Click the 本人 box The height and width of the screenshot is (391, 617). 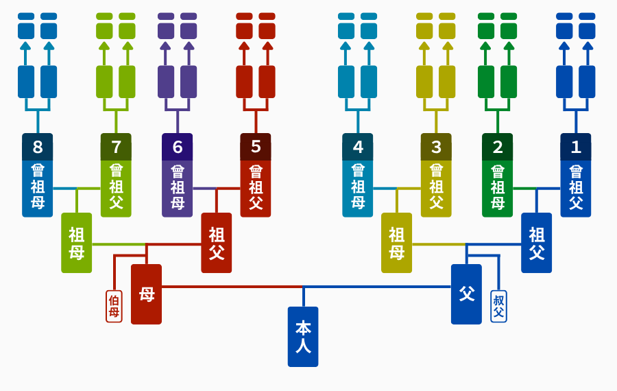pyautogui.click(x=303, y=337)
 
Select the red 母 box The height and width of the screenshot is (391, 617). pyautogui.click(x=147, y=294)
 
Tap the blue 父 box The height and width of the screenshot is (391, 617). pyautogui.click(x=466, y=294)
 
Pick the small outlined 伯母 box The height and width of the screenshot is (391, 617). pyautogui.click(x=114, y=307)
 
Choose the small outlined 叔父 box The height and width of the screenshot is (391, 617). pyautogui.click(x=498, y=307)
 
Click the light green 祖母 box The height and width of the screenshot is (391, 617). pyautogui.click(x=77, y=243)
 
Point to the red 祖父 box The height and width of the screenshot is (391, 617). pyautogui.click(x=217, y=243)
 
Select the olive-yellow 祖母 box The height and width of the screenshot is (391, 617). pyautogui.click(x=397, y=243)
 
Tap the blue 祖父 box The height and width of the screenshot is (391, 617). pyautogui.click(x=536, y=243)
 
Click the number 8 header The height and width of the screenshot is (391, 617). pyautogui.click(x=38, y=147)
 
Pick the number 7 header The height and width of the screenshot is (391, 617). pyautogui.click(x=116, y=147)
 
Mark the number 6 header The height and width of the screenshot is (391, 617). pyautogui.click(x=178, y=147)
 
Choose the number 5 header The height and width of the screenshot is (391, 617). pyautogui.click(x=256, y=147)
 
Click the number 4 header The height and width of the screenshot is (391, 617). pyautogui.click(x=358, y=147)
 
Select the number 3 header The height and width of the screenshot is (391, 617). pyautogui.click(x=436, y=147)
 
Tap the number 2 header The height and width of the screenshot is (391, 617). pyautogui.click(x=498, y=147)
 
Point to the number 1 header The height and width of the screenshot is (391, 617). pyautogui.click(x=576, y=147)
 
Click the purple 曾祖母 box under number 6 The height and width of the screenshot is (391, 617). pyautogui.click(x=178, y=189)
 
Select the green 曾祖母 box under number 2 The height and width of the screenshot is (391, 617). pyautogui.click(x=498, y=189)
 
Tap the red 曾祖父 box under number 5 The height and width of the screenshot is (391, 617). pyautogui.click(x=256, y=189)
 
